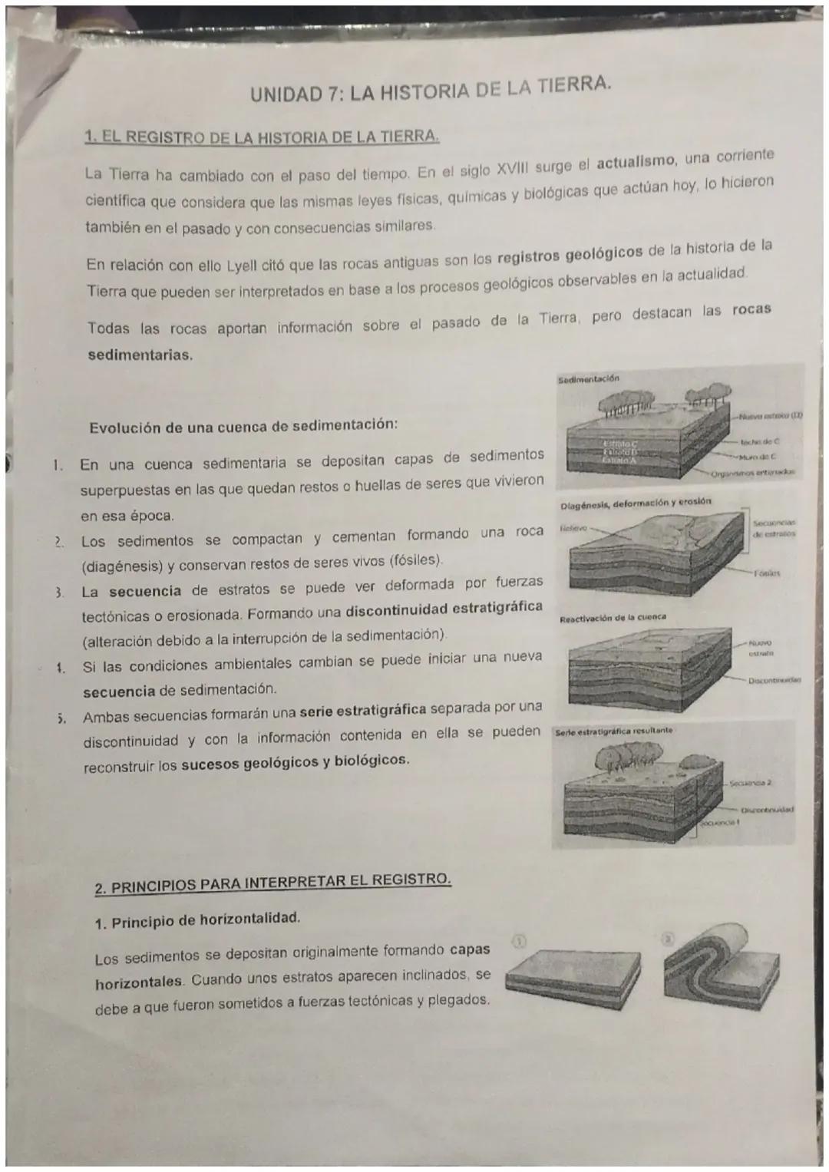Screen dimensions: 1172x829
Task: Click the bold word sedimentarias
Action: point(140,356)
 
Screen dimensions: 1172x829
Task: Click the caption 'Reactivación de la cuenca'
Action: point(613,617)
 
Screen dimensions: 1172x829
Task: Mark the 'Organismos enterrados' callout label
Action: point(755,474)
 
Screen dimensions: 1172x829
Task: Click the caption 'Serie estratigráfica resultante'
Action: point(614,731)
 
